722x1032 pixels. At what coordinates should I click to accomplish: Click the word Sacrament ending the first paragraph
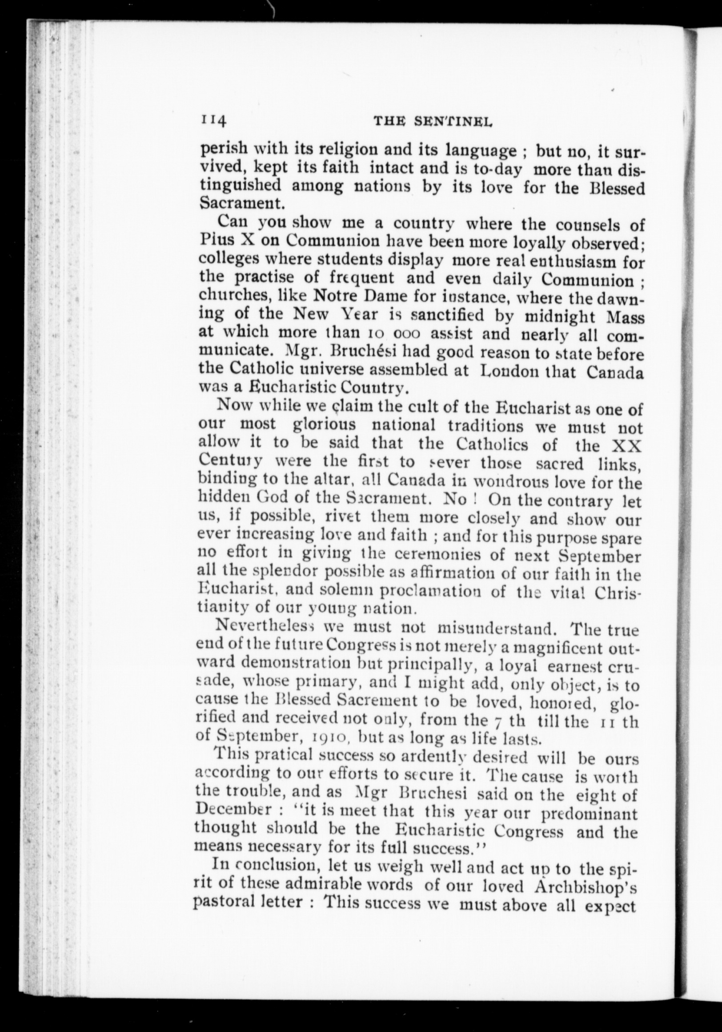pos(242,203)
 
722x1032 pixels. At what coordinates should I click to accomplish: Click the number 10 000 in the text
pos(393,335)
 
